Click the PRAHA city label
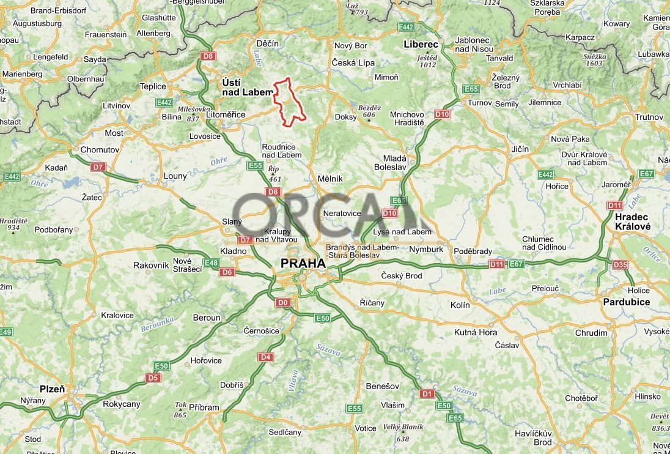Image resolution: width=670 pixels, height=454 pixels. (303, 263)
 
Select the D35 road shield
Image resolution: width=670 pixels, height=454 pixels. (620, 265)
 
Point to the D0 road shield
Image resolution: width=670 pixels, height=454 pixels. (282, 302)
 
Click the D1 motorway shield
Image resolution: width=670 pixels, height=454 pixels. (427, 393)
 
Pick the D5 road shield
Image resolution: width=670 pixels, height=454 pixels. (153, 378)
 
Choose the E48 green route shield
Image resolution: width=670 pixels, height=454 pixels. (211, 263)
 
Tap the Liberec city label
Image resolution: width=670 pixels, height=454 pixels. (421, 45)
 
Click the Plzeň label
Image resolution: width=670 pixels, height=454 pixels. (52, 389)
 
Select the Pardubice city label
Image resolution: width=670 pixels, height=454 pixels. (626, 302)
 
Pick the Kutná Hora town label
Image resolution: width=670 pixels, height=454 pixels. (475, 332)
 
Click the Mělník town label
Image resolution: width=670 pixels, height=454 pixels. (330, 179)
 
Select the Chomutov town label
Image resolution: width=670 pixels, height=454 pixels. (100, 150)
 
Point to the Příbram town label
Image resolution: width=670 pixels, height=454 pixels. (204, 407)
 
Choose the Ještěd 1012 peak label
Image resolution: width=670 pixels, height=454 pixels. (427, 61)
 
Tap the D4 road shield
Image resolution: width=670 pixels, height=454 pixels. (265, 357)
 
